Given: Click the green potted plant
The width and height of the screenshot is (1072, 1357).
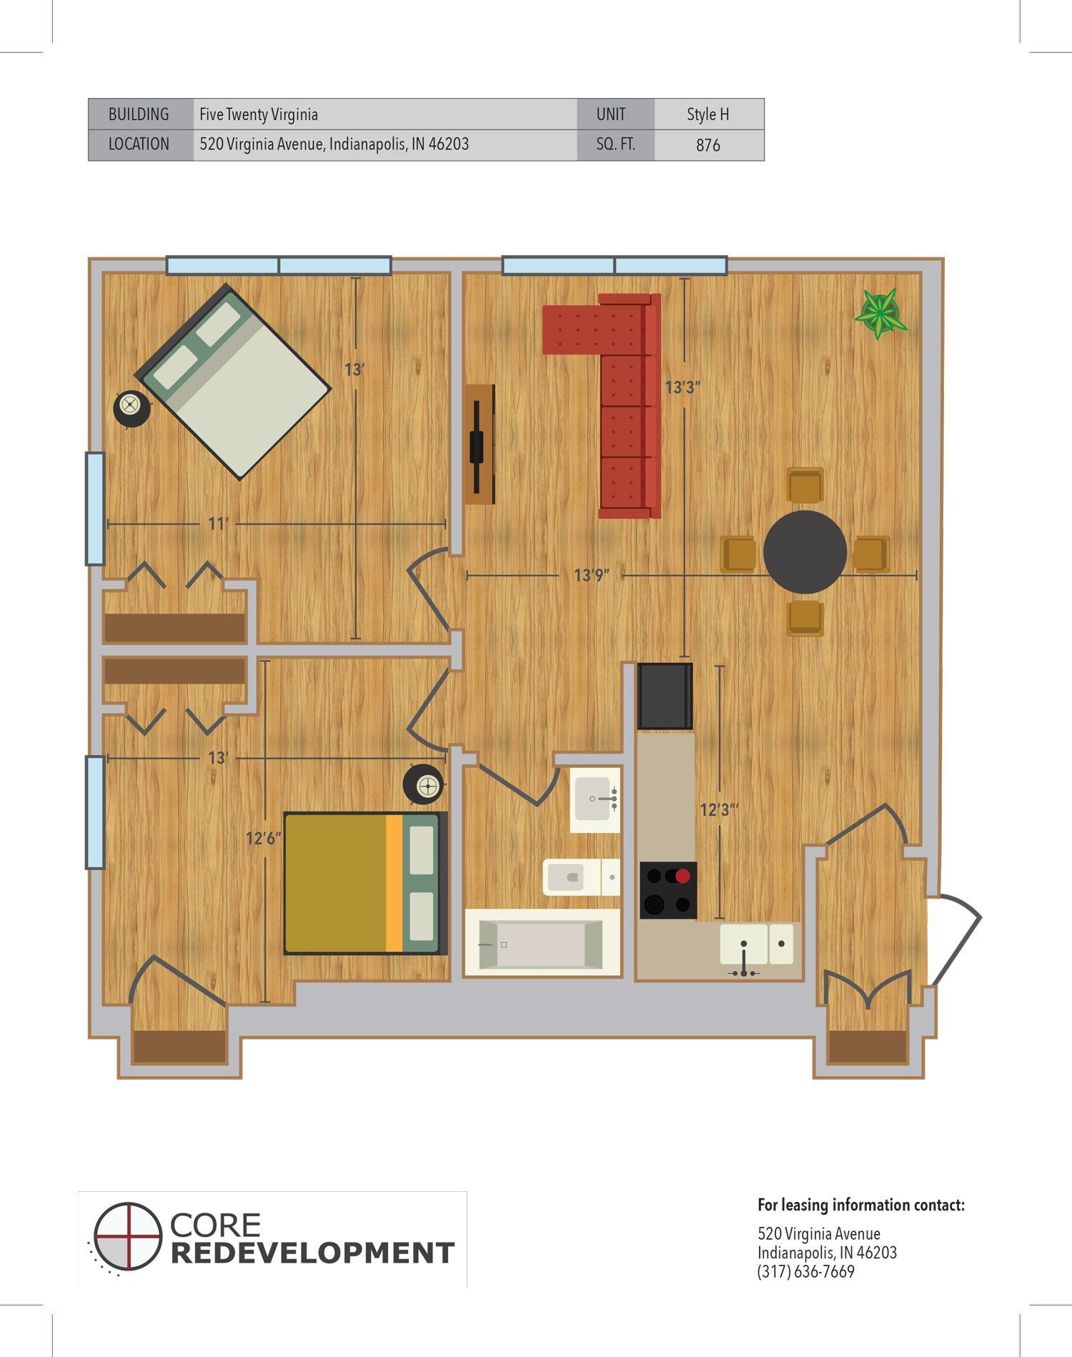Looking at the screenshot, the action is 881,313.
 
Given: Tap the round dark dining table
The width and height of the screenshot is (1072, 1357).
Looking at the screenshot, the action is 805,551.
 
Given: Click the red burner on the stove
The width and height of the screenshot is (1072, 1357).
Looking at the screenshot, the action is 683,876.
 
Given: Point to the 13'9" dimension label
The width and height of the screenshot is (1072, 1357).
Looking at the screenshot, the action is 592,575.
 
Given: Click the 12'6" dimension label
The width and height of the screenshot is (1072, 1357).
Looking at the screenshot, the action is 264,838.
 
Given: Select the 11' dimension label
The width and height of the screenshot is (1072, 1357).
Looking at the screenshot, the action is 217,524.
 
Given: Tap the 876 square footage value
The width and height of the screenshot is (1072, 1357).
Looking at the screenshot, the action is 708,145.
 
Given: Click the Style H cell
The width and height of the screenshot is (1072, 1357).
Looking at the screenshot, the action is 708,114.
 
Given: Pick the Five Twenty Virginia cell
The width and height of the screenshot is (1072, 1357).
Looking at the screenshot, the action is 385,114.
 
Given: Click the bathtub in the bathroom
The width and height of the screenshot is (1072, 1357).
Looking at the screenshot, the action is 542,943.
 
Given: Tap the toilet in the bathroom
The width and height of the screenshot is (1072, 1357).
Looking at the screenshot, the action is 581,876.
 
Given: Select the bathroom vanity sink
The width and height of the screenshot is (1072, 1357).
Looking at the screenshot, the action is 595,799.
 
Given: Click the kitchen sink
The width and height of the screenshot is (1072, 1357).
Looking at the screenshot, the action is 757,944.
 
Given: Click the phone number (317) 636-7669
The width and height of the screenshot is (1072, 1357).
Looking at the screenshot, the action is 806,1272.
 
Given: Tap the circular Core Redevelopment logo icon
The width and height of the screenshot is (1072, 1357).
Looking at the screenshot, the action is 127,1236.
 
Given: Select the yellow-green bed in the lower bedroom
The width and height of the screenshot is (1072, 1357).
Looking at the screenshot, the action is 365,883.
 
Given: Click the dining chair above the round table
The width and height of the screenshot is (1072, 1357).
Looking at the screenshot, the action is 805,485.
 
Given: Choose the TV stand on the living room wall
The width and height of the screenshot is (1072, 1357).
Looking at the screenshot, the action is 480,445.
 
